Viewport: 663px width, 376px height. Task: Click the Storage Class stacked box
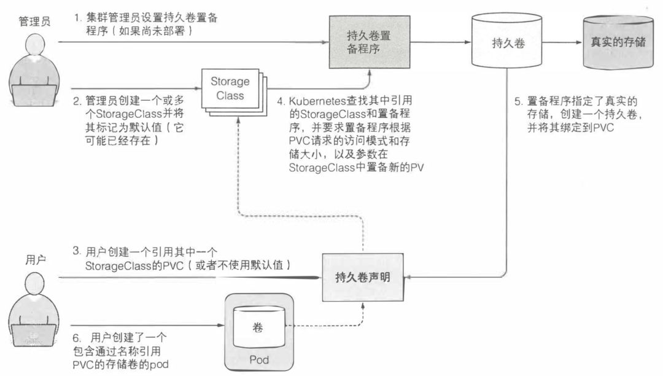231,89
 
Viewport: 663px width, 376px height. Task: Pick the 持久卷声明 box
362,277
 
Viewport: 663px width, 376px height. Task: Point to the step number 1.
77,18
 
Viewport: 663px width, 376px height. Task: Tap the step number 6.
76,337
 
